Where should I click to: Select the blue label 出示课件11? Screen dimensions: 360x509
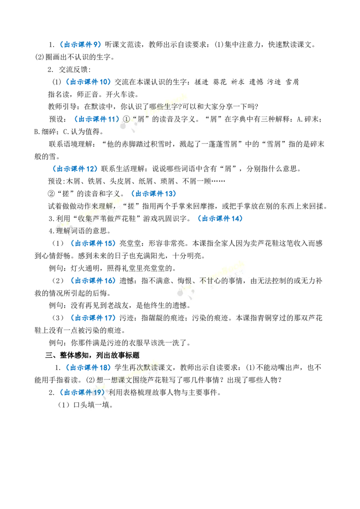(x=97, y=120)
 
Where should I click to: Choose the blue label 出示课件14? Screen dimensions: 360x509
(x=220, y=219)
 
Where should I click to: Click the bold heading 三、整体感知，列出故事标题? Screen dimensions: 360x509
(x=92, y=356)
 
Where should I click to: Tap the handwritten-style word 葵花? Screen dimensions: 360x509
(x=220, y=82)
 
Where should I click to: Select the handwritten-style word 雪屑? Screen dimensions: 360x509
(x=292, y=82)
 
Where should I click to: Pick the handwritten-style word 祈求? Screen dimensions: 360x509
(x=238, y=82)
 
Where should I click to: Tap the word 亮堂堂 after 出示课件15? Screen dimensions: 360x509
(x=130, y=243)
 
